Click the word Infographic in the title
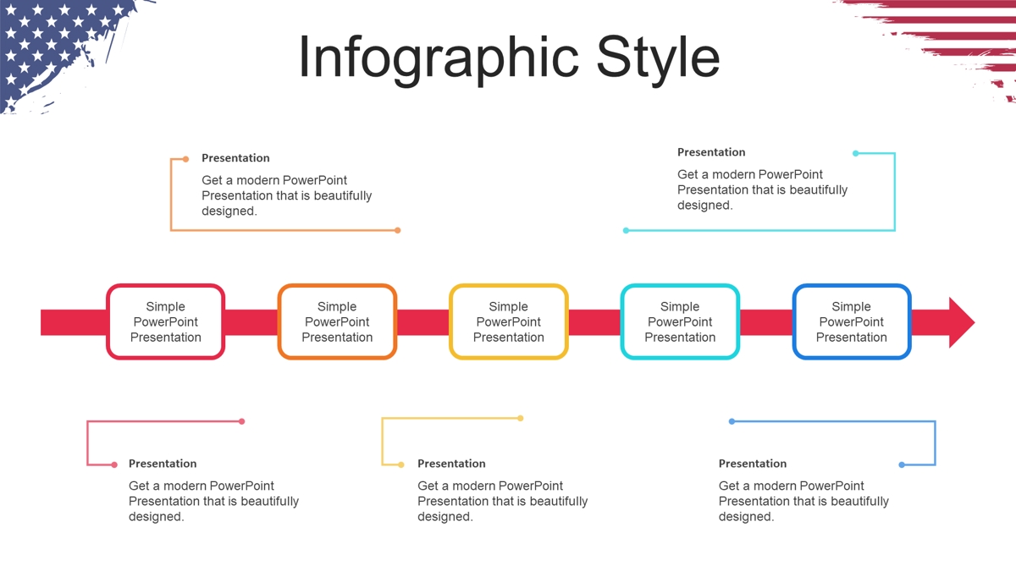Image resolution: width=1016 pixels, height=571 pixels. [439, 59]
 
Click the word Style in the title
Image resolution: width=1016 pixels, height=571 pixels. [658, 59]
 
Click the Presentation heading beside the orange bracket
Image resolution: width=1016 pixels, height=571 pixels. [235, 158]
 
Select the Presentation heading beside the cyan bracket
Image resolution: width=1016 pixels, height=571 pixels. [711, 152]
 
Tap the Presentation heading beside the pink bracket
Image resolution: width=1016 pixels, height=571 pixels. [163, 464]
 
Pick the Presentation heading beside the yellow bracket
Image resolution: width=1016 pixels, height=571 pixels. [451, 464]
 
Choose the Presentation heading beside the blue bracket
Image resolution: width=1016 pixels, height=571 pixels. [753, 464]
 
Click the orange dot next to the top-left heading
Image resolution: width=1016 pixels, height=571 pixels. [185, 159]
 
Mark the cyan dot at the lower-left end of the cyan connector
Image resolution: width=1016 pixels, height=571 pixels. [626, 231]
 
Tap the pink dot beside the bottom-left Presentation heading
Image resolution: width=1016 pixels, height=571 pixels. [114, 464]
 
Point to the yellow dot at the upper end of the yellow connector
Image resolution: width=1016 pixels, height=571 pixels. [520, 418]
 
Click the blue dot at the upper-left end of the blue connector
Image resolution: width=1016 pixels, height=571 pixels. [732, 421]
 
